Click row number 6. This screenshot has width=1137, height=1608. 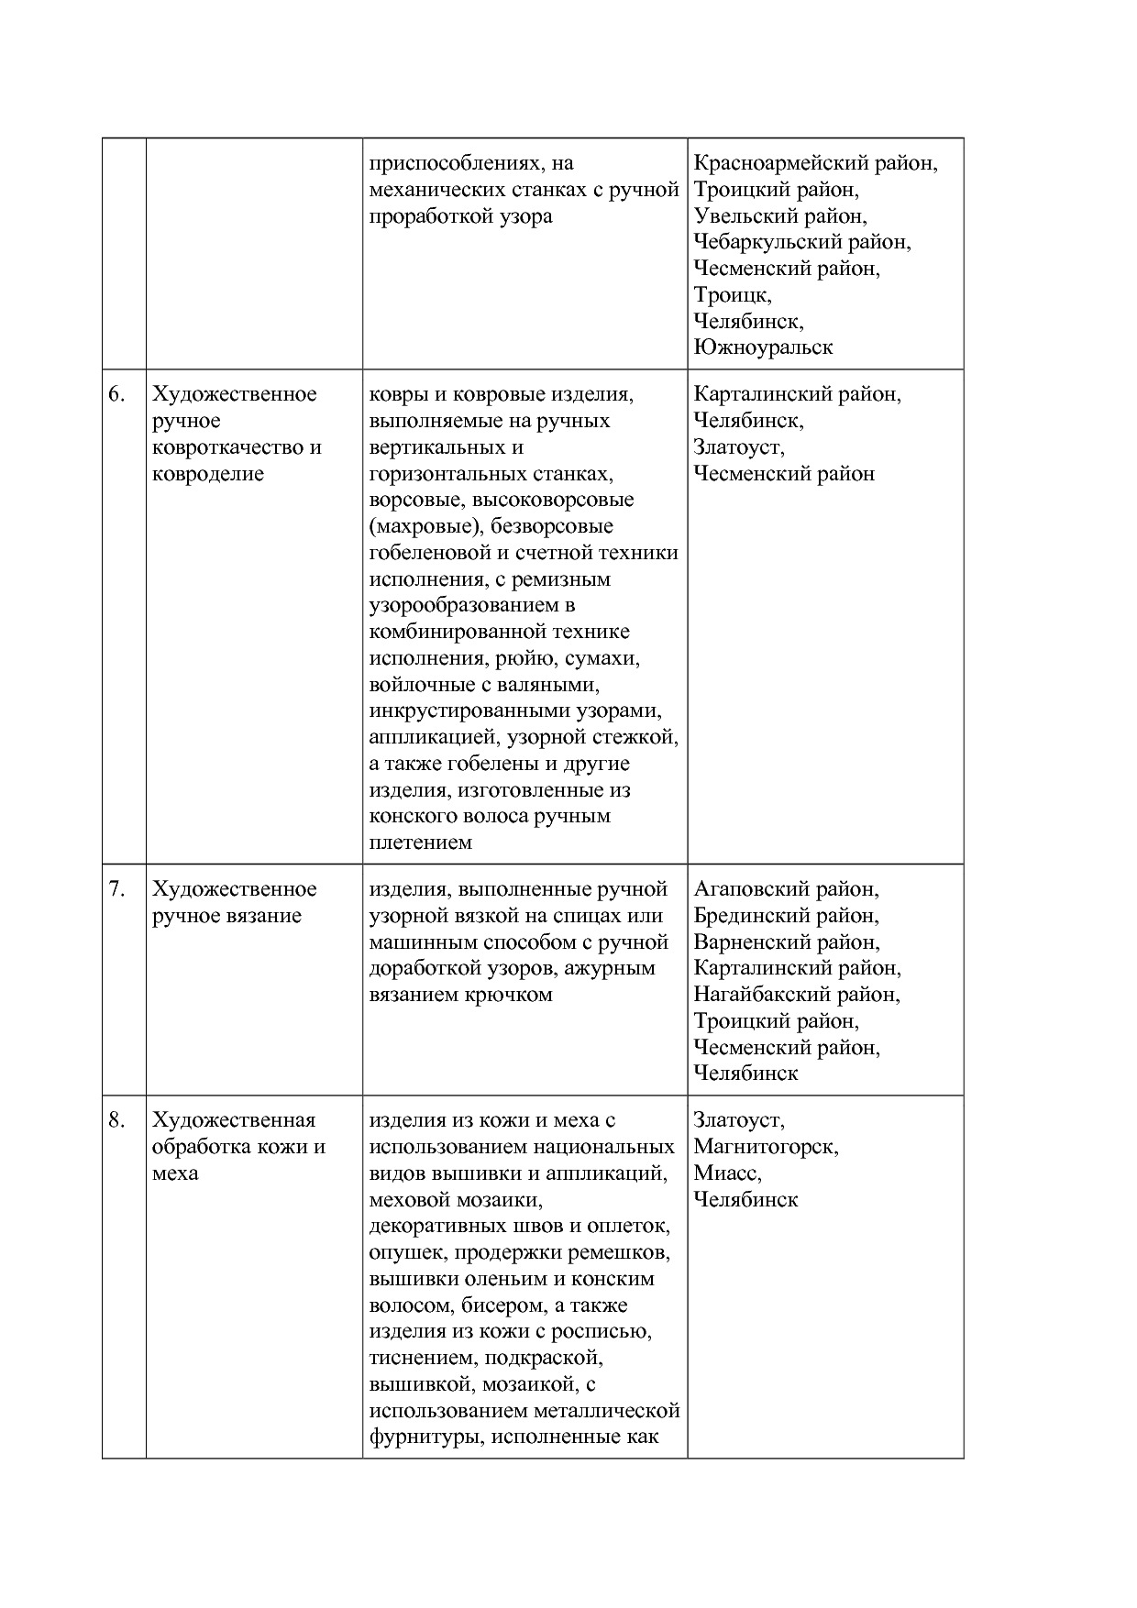116,395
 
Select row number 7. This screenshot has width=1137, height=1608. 116,890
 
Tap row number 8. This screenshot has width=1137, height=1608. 116,1121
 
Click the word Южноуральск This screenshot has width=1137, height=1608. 763,348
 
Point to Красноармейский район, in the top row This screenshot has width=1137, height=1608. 815,163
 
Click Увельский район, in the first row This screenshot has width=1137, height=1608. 779,216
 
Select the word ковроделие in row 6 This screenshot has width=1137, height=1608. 208,475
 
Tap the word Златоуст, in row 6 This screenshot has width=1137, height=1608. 739,448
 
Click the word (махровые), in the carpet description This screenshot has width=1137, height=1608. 426,527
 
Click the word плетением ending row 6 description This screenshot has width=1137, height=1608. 420,843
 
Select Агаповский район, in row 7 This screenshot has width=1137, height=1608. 786,889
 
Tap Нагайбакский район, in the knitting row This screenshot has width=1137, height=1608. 797,995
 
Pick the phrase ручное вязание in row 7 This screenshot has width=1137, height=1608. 226,917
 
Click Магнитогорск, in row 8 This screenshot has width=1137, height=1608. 766,1147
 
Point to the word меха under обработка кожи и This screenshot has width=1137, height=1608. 175,1174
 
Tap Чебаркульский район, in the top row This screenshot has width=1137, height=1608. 802,243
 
